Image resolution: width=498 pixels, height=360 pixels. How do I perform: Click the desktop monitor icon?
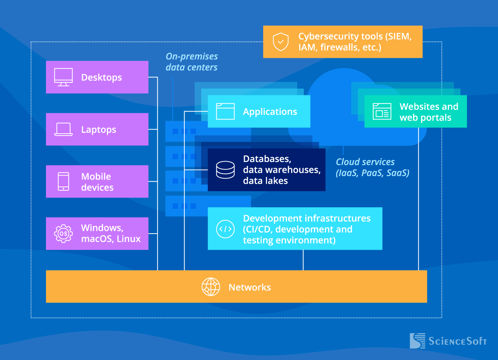63,77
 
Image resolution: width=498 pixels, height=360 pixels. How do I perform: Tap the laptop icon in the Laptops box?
63,129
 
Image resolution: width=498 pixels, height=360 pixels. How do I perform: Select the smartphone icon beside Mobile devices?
63,182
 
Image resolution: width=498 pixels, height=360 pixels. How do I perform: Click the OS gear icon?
63,234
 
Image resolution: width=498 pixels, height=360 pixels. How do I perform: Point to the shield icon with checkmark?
281,42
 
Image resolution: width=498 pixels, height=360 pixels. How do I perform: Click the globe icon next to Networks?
211,287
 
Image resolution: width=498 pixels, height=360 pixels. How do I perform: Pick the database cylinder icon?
225,170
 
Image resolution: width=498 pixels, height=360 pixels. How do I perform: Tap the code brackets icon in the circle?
225,229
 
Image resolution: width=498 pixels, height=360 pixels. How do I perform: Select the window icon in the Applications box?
225,111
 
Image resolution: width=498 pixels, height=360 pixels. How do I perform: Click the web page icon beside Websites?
382,112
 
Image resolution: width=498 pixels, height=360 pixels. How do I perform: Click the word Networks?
250,287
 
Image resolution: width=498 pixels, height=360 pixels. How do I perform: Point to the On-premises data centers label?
192,62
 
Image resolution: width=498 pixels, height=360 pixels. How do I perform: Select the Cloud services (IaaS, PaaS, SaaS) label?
372,167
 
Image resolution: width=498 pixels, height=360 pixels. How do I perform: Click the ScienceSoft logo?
448,340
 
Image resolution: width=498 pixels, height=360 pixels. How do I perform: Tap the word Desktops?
102,77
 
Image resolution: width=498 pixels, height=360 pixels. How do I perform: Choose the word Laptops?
98,130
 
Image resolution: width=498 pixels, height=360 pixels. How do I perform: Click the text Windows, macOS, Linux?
111,233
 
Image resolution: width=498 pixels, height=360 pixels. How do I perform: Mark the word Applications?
270,112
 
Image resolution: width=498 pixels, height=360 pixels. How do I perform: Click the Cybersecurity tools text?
355,42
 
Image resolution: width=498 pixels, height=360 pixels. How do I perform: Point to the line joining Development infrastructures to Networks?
303,260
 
